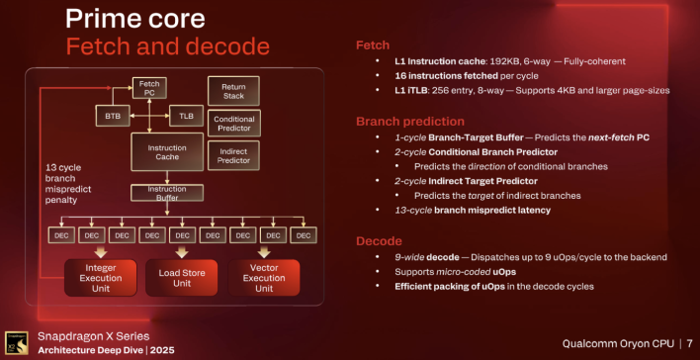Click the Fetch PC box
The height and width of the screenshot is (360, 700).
pos(150,89)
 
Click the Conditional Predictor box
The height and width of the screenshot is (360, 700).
pos(233,124)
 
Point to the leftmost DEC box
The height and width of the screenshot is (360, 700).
pos(62,235)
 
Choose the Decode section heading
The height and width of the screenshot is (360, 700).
pos(382,241)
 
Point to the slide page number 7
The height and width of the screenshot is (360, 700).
pos(689,343)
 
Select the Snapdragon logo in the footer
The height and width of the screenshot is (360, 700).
pos(14,342)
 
